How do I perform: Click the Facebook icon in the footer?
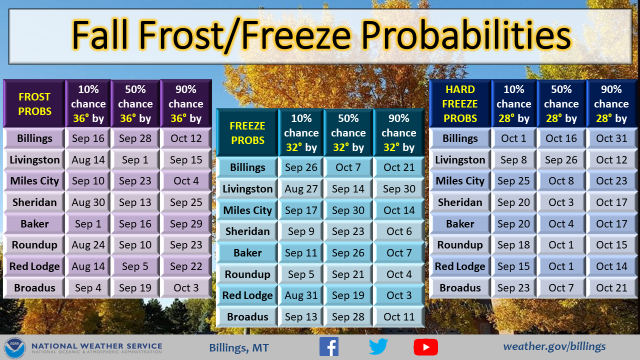coord(329,346)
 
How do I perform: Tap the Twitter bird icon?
coord(378,346)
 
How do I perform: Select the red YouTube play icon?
coord(425,347)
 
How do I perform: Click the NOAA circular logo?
coord(14,347)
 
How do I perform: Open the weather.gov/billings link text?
coord(554,346)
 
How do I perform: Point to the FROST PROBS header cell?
coord(34,103)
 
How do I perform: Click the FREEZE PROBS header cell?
coord(247,133)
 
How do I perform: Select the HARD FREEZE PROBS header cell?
coord(460,103)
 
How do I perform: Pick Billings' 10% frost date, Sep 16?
coord(88,138)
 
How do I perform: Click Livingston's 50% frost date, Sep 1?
coord(135,159)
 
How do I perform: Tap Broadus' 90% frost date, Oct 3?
coord(186,287)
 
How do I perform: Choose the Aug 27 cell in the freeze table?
coord(301,189)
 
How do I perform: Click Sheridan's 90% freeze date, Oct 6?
coord(399,231)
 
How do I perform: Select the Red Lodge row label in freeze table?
coord(247,295)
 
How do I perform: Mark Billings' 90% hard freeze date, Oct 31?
coord(611,138)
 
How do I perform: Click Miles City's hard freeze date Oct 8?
coord(561,181)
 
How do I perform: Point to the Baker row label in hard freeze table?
coord(460,223)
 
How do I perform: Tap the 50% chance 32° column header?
coord(348,133)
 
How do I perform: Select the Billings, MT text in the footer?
coord(239,347)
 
